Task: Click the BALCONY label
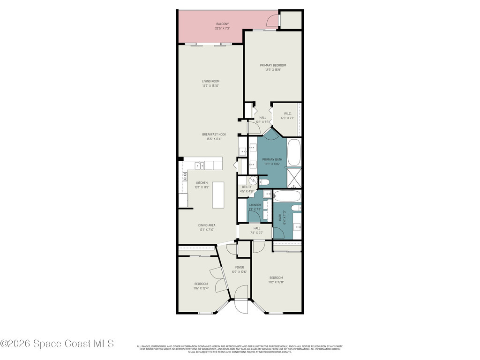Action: [223, 24]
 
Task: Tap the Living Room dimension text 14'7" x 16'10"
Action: [210, 86]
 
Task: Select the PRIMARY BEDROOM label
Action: [273, 65]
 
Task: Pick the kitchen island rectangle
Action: [219, 195]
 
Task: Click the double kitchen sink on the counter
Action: [200, 165]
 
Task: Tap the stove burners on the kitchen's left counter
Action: [185, 177]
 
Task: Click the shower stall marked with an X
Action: [294, 179]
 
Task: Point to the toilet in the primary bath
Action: [263, 182]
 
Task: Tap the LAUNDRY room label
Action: [255, 205]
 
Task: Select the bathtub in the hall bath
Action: [287, 195]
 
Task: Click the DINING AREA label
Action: [207, 225]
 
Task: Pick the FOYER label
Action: [239, 267]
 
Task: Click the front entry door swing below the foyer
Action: [241, 307]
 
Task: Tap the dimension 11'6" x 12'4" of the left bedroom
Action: [201, 288]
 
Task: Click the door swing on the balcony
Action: [271, 19]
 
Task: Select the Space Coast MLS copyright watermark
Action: [57, 344]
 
